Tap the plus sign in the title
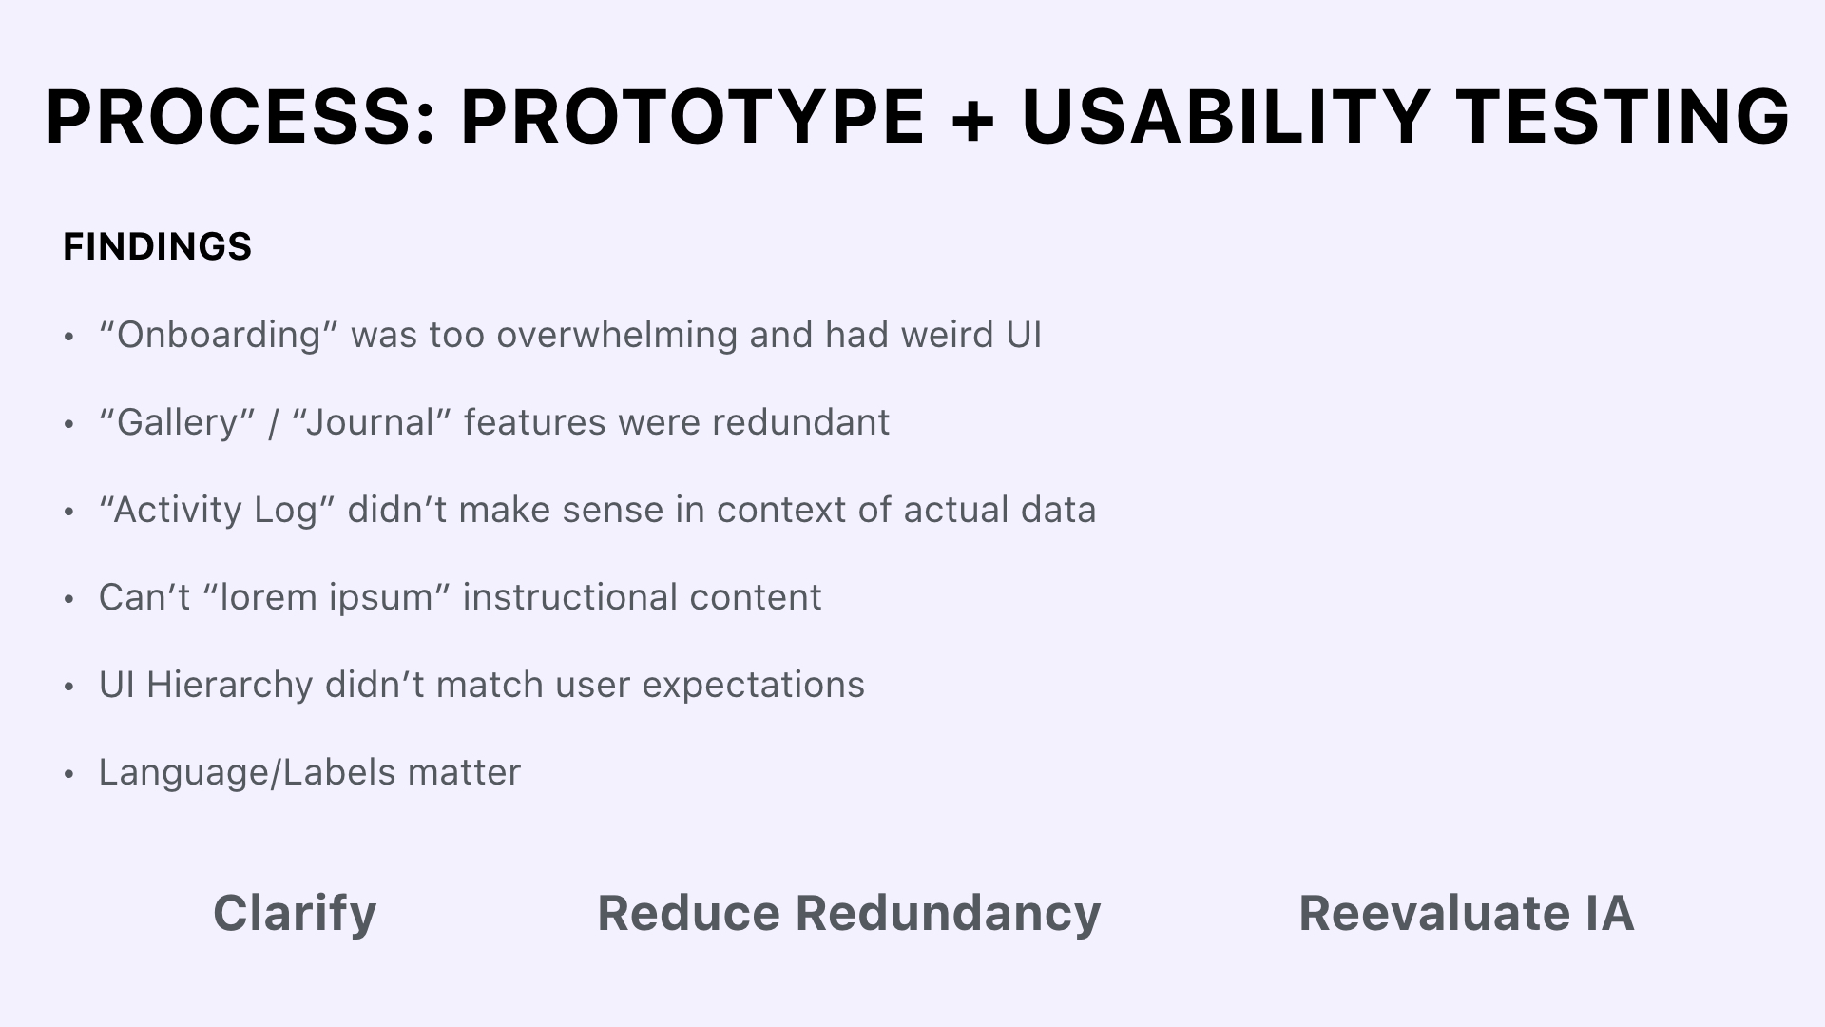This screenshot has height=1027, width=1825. click(x=971, y=119)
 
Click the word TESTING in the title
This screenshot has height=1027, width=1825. click(x=1623, y=117)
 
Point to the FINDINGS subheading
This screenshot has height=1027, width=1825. click(x=157, y=247)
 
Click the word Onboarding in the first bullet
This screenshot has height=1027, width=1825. click(x=218, y=335)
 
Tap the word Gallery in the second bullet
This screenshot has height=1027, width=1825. click(x=176, y=422)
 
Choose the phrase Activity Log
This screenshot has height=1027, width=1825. click(x=214, y=510)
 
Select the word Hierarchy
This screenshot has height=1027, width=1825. click(x=229, y=685)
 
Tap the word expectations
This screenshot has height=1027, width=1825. click(x=753, y=686)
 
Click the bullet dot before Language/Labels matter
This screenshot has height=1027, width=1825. click(x=68, y=774)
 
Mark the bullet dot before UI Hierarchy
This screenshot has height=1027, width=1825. click(x=68, y=687)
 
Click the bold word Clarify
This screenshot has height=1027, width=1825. click(x=295, y=914)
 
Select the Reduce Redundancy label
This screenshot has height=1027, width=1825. click(x=849, y=913)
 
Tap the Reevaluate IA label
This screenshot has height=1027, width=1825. click(x=1467, y=913)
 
